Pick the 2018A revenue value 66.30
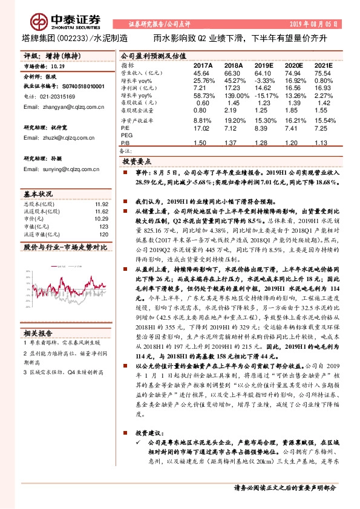(232, 73)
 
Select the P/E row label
(125, 129)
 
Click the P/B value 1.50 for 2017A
(200, 143)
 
